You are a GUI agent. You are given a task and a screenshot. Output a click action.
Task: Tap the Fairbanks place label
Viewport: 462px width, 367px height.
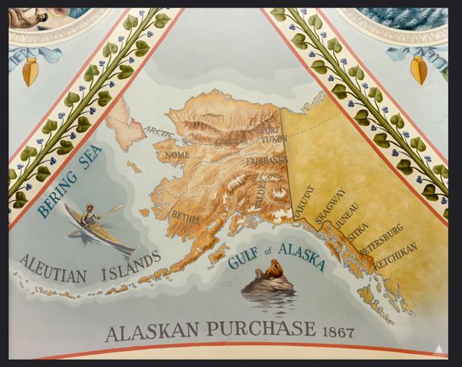coord(266,161)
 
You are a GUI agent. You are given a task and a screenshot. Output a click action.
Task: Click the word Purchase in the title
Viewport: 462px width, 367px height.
coord(260,331)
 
